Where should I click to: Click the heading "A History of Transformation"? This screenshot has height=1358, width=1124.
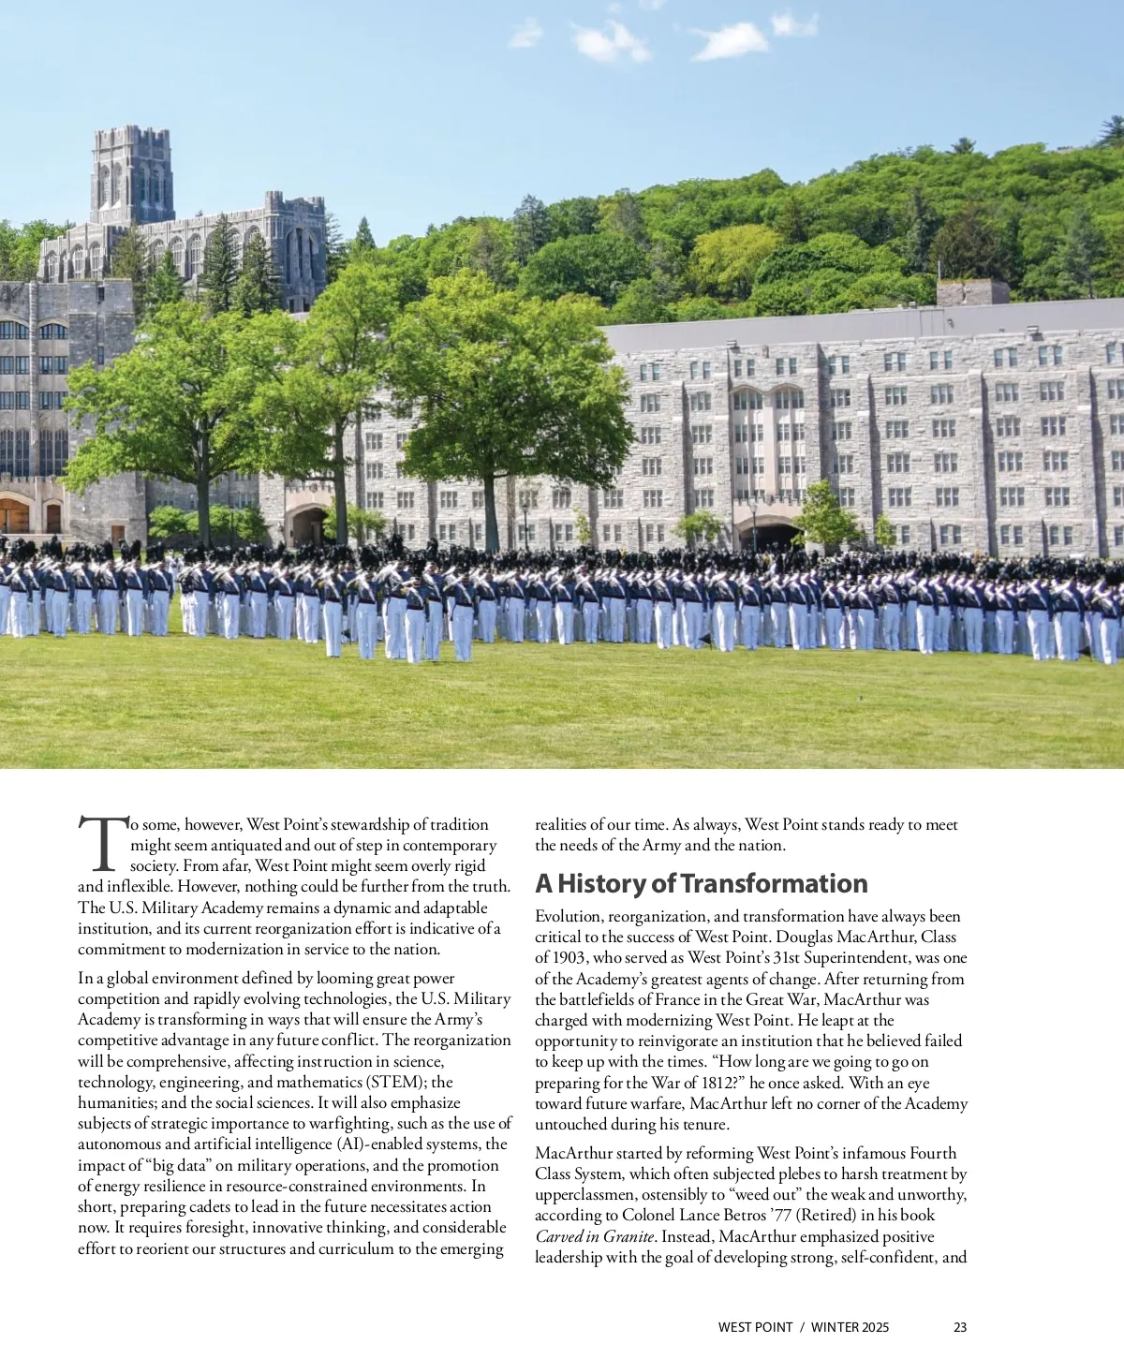point(701,883)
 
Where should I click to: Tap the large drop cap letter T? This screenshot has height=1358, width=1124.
point(101,843)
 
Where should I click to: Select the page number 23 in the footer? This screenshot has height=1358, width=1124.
point(960,1327)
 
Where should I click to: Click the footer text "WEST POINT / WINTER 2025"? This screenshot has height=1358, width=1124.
point(803,1327)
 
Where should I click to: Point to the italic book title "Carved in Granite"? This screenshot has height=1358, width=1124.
point(595,1236)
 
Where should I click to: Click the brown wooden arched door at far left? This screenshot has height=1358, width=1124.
point(14,515)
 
